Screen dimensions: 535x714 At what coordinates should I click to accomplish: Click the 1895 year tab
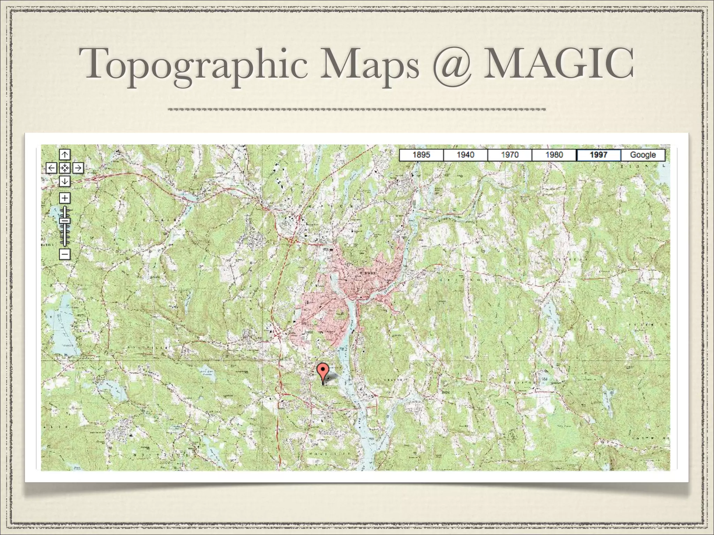pyautogui.click(x=421, y=155)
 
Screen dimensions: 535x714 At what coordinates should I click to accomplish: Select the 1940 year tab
pyautogui.click(x=465, y=155)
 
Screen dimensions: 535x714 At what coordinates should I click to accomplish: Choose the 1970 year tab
pyautogui.click(x=510, y=155)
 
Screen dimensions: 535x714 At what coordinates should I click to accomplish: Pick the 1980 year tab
pyautogui.click(x=554, y=155)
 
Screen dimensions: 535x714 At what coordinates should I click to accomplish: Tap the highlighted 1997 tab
pyautogui.click(x=599, y=155)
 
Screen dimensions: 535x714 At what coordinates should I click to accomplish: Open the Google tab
pyautogui.click(x=643, y=155)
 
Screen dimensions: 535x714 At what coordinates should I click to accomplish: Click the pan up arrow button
pyautogui.click(x=65, y=154)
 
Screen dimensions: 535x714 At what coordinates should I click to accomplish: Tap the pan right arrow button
pyautogui.click(x=78, y=168)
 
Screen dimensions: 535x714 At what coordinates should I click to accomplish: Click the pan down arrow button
pyautogui.click(x=65, y=181)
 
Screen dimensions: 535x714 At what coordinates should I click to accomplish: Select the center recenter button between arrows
pyautogui.click(x=65, y=168)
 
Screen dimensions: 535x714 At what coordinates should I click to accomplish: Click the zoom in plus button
pyautogui.click(x=65, y=198)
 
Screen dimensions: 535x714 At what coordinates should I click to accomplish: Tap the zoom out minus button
pyautogui.click(x=65, y=254)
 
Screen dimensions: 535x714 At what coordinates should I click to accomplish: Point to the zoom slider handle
pyautogui.click(x=65, y=220)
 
